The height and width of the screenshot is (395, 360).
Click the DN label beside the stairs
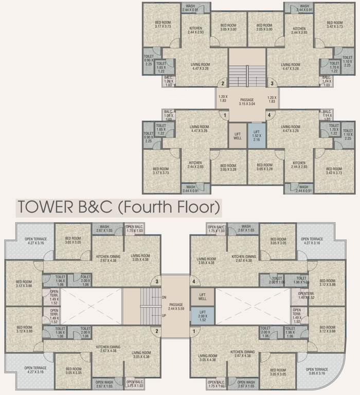click(164, 297)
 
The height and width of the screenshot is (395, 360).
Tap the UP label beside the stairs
click(164, 315)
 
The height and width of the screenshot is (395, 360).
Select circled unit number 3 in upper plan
click(272, 83)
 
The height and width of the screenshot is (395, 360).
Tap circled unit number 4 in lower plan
click(194, 281)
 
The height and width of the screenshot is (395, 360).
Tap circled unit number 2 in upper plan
click(223, 83)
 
